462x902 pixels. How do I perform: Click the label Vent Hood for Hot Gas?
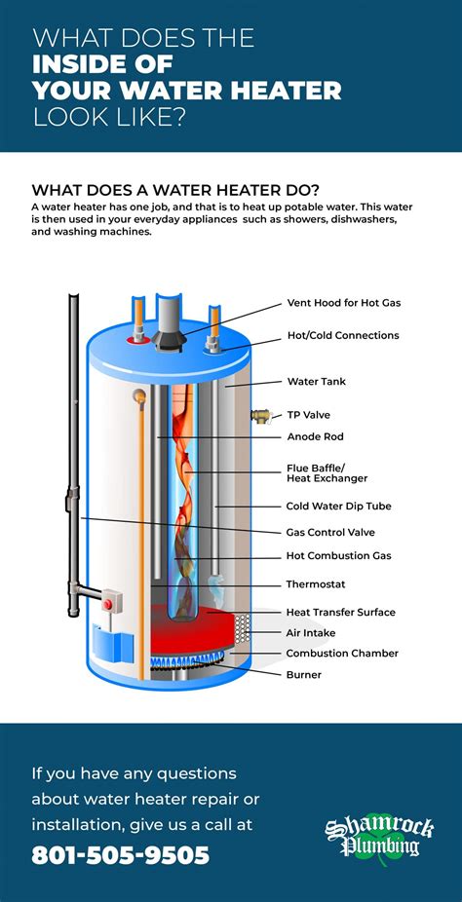click(343, 303)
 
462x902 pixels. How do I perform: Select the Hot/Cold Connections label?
click(343, 335)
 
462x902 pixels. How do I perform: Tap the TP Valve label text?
click(308, 415)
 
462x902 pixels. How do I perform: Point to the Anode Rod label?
click(315, 436)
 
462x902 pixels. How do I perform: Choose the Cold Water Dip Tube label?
click(338, 507)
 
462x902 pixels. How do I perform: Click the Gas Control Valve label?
click(330, 532)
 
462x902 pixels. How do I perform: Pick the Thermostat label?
click(316, 584)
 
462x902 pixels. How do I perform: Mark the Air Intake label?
click(311, 633)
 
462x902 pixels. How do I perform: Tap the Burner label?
click(304, 674)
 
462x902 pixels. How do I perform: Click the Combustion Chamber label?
click(342, 653)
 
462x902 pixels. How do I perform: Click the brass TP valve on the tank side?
click(261, 415)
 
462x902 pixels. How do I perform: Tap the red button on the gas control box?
click(107, 604)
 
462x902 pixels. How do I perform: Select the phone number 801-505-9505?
click(120, 854)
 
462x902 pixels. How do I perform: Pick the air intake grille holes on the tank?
click(242, 628)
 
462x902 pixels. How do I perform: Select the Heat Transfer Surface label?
click(340, 612)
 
